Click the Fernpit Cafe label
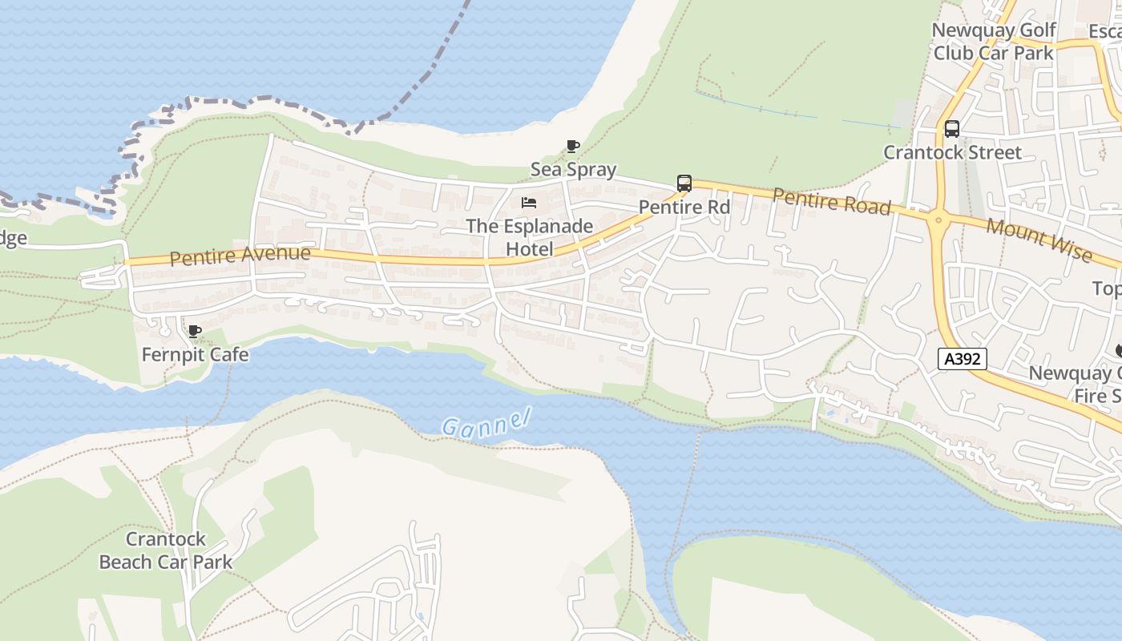pos(195,354)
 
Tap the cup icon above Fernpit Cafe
pos(194,331)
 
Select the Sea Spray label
pos(573,169)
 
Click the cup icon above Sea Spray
pos(573,146)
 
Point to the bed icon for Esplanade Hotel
pos(528,203)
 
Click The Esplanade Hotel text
pos(529,237)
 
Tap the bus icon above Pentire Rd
pos(684,183)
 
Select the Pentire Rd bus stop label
pos(684,207)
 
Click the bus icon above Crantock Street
pos(951,129)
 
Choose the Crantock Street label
pos(952,152)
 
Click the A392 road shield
pos(962,359)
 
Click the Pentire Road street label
pos(831,201)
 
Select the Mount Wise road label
pos(1039,239)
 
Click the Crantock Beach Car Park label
pos(166,550)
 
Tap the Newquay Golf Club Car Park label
pos(993,42)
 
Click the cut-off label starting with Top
pos(1107,288)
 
